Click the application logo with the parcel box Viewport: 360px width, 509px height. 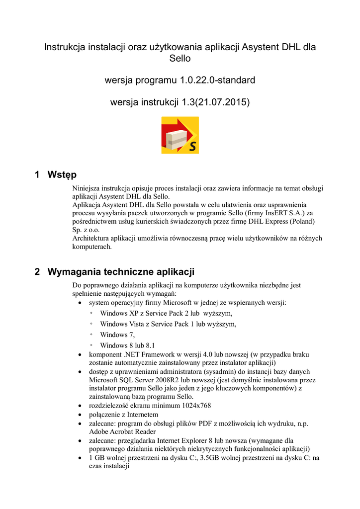click(180, 135)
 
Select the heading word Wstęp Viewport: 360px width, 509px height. click(62, 174)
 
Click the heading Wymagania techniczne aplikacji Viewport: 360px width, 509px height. click(121, 272)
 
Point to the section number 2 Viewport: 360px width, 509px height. click(37, 272)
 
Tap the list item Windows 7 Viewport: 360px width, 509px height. click(117, 335)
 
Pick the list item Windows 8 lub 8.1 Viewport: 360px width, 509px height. click(128, 345)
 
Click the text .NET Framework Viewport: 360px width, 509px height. click(146, 354)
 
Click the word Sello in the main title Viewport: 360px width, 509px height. click(180, 59)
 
